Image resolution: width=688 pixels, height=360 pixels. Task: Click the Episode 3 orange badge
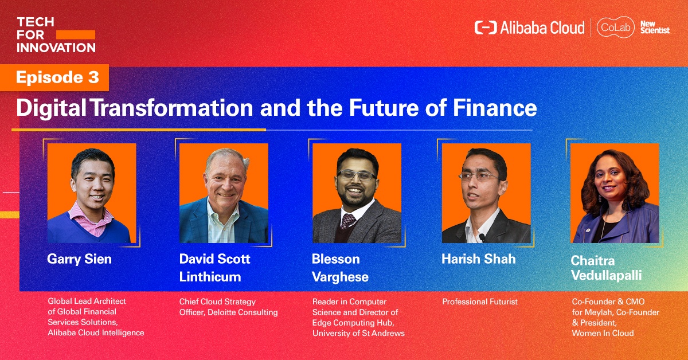[x=54, y=77]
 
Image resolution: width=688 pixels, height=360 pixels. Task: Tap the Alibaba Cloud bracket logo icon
[x=485, y=28]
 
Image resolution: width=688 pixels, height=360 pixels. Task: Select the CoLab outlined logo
[x=616, y=27]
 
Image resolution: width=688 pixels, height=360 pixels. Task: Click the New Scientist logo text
[x=655, y=27]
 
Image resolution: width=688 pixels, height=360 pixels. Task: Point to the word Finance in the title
[x=495, y=108]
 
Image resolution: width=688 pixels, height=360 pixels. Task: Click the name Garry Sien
[x=79, y=259]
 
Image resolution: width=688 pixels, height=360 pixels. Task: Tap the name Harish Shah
[x=479, y=259]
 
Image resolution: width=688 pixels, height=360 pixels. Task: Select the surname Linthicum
[x=210, y=277]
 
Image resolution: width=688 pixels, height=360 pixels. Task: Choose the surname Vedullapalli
[x=607, y=275]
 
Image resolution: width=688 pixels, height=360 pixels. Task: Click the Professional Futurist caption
[x=480, y=302]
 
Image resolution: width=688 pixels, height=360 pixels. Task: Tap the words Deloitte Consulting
[x=243, y=312]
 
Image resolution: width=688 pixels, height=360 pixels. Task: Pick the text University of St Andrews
[x=358, y=333]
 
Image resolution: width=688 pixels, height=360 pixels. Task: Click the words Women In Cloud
[x=603, y=333]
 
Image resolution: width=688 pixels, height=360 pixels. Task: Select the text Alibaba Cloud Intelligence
[x=96, y=332]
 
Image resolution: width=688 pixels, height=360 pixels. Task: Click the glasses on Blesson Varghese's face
[x=357, y=175]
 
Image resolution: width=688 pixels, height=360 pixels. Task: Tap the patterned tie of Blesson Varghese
[x=348, y=221]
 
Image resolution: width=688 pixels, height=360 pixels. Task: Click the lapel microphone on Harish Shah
[x=482, y=237]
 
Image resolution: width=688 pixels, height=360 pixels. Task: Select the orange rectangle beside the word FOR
[x=76, y=35]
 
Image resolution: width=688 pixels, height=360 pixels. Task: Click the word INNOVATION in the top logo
[x=56, y=48]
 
